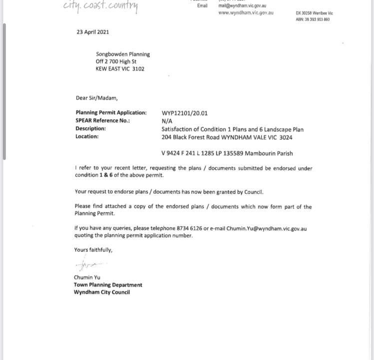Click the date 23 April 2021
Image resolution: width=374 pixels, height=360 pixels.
click(x=92, y=32)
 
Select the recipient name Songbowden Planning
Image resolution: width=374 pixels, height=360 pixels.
click(x=123, y=54)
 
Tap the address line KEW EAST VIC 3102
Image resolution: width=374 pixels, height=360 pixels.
click(x=120, y=69)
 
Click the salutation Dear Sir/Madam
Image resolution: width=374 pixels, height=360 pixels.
click(x=96, y=98)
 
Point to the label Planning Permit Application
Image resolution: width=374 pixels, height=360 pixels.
click(x=111, y=113)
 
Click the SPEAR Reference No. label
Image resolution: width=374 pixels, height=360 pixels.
click(x=102, y=120)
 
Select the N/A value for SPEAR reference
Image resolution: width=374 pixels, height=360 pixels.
click(x=167, y=121)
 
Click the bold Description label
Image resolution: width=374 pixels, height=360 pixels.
click(x=90, y=128)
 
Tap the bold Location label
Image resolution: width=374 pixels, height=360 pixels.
click(x=87, y=136)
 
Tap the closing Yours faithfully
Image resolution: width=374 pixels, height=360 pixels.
click(x=93, y=249)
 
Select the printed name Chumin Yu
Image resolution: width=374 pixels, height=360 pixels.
click(x=87, y=277)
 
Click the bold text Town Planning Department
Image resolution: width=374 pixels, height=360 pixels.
click(x=108, y=285)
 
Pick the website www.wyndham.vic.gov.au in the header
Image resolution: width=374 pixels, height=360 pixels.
click(x=246, y=12)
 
